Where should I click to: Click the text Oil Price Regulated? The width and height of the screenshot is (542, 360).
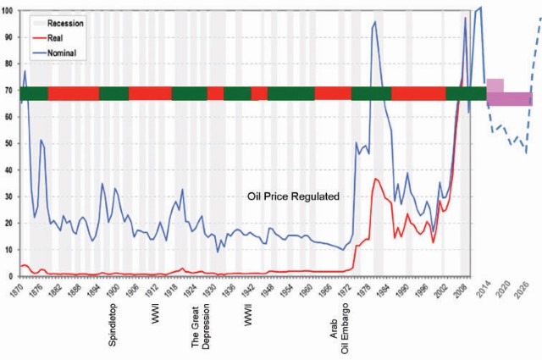[x=293, y=196]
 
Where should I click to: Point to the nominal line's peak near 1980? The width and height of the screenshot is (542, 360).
[x=374, y=23]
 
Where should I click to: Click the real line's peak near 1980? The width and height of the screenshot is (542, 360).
[x=375, y=179]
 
